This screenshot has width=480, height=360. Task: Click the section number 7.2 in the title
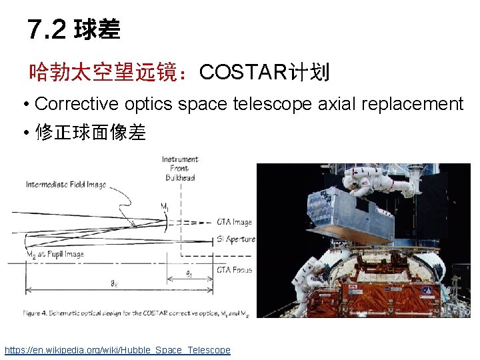47,29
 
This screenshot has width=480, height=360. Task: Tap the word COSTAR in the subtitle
243,71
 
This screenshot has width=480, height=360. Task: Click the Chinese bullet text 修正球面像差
90,133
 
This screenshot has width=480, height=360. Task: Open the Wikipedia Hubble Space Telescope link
117,350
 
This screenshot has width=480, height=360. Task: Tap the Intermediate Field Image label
66,185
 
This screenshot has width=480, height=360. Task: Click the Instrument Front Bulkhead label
180,168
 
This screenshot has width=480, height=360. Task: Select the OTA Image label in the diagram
234,222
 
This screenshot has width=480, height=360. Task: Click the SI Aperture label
235,239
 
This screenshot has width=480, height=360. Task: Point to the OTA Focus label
234,270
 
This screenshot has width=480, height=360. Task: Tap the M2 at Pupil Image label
54,254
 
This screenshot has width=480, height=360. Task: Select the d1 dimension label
189,273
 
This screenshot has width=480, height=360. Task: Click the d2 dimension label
115,283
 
